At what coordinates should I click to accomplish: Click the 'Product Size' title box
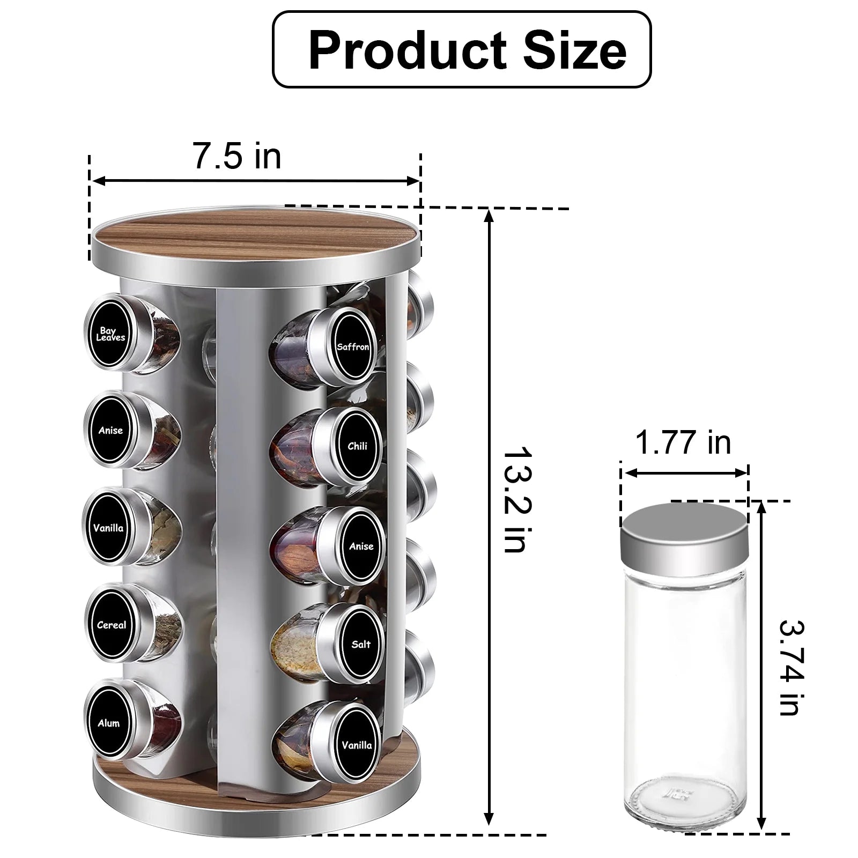coord(462,49)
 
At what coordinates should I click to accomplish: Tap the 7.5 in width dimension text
coord(236,156)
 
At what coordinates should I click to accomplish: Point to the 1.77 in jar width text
coord(683,443)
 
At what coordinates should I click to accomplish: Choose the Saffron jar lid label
coord(353,346)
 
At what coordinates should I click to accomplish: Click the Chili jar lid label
coord(357,446)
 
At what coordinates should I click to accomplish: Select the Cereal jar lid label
coord(112,625)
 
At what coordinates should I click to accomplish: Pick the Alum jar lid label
coord(109,723)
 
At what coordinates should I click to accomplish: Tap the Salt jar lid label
coord(361,644)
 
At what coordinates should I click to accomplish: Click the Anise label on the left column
coord(110,430)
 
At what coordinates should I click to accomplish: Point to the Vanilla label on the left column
coord(108,528)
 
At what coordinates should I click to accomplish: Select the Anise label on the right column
coord(361,546)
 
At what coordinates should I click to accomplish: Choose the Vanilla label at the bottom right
coord(357,745)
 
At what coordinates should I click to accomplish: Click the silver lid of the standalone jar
coord(684,531)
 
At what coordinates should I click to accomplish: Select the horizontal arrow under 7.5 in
coord(255,181)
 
